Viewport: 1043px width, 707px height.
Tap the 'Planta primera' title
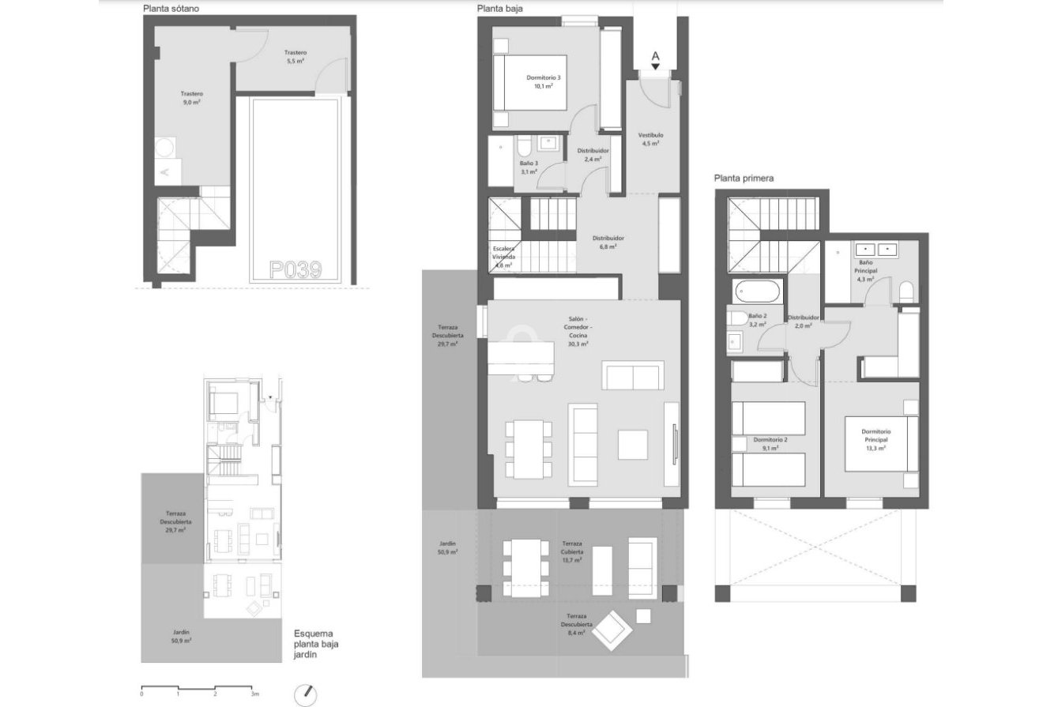tap(744, 179)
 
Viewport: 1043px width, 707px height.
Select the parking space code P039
tap(296, 270)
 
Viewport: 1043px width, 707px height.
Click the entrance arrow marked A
tap(654, 60)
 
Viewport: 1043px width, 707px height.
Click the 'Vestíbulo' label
tap(650, 139)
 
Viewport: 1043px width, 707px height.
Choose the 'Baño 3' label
tap(529, 167)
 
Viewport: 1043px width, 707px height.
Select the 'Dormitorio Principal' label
tap(875, 439)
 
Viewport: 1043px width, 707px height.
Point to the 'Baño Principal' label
tap(866, 270)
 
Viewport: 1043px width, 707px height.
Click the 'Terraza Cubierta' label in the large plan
tap(572, 551)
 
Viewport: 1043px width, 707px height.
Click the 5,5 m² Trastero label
tap(296, 57)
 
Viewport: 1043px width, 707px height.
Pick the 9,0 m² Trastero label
tap(191, 97)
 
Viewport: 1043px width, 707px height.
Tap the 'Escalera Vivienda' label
tap(504, 257)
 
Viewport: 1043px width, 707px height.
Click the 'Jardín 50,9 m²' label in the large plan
tap(448, 548)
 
